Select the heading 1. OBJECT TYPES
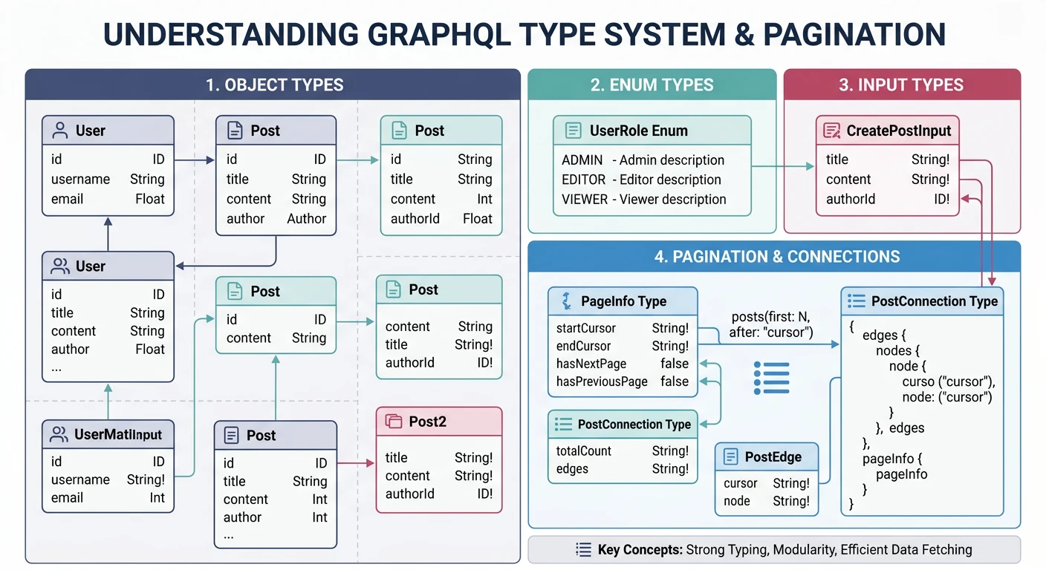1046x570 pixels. point(274,85)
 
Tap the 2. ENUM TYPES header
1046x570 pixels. point(652,85)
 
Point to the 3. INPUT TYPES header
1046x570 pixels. point(901,85)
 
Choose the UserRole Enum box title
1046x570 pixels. point(638,131)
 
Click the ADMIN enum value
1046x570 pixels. point(582,160)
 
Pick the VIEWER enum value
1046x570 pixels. point(584,199)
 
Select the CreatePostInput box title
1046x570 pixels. point(898,131)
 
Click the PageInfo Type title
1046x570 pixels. point(623,301)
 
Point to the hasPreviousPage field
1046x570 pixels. point(602,381)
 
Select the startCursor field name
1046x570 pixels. point(585,328)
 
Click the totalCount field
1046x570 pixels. point(583,451)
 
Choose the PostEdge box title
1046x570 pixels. point(773,456)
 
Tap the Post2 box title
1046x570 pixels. point(427,422)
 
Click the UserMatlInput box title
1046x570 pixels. point(117,435)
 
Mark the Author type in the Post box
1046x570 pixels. point(306,219)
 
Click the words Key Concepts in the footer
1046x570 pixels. point(640,550)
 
